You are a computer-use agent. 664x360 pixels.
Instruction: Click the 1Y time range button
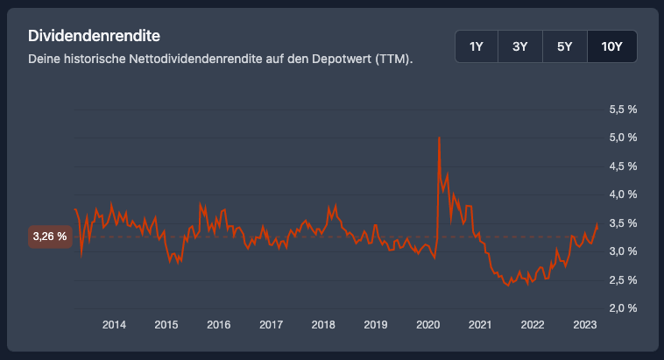[477, 46]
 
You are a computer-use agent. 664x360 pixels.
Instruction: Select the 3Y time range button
[520, 46]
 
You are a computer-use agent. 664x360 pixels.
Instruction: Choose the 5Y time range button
[565, 46]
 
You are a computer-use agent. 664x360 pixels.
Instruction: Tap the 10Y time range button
[612, 46]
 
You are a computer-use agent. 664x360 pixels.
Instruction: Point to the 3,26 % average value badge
[50, 236]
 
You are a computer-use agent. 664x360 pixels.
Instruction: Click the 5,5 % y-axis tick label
[622, 109]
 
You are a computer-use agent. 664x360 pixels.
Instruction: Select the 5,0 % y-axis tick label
[622, 138]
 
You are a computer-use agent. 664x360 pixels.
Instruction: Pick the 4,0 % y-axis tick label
[622, 194]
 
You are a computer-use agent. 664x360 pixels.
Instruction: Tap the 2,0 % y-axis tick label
[622, 308]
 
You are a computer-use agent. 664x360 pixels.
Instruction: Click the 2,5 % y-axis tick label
[622, 279]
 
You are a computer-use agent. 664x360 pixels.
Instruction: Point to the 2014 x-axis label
[114, 325]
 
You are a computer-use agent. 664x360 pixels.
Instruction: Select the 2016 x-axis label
[218, 325]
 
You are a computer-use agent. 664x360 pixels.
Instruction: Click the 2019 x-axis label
[375, 325]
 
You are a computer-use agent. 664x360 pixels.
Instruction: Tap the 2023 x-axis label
[584, 325]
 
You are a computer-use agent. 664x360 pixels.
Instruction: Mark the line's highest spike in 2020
[438, 138]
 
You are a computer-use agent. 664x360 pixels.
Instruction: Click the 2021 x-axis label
[479, 325]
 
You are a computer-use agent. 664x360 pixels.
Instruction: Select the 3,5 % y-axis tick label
[622, 223]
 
